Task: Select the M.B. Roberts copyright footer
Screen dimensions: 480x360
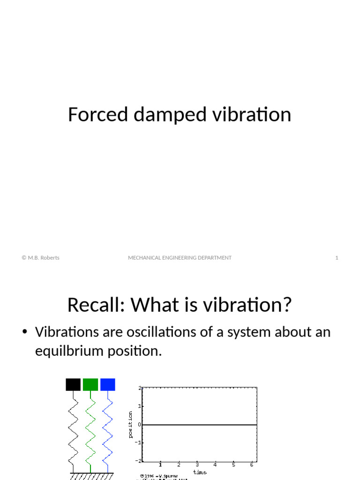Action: (x=40, y=258)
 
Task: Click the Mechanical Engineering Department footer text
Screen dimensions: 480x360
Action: (x=180, y=258)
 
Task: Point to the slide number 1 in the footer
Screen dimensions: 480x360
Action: (x=337, y=258)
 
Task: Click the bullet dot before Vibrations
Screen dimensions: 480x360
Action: (x=25, y=333)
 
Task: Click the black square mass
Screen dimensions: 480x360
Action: (x=73, y=384)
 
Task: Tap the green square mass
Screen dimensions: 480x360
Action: (x=90, y=384)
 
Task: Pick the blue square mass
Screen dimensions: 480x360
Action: (x=108, y=384)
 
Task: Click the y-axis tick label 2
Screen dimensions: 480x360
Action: (x=140, y=388)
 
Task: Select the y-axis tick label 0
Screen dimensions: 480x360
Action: (x=139, y=424)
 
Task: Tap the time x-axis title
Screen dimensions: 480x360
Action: (x=199, y=472)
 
